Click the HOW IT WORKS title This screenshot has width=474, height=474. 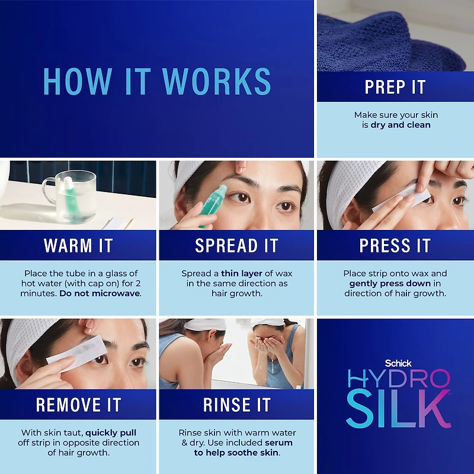(157, 81)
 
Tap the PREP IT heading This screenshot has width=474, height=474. (395, 87)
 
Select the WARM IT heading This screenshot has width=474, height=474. (78, 245)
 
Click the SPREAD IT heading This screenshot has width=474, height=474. (236, 245)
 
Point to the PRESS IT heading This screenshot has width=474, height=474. (395, 245)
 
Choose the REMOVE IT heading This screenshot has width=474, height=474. (78, 405)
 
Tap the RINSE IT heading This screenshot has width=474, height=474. (236, 405)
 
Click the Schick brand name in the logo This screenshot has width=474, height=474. (398, 363)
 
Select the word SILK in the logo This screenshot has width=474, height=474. (398, 408)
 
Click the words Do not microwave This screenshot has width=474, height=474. (100, 293)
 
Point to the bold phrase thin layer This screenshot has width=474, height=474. (242, 273)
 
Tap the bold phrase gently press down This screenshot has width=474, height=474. (390, 284)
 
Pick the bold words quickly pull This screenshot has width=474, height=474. (111, 433)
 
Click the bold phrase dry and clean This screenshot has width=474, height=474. (401, 125)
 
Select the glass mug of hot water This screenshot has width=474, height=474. (71, 196)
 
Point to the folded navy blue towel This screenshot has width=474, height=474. (390, 42)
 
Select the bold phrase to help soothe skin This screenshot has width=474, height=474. (236, 453)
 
